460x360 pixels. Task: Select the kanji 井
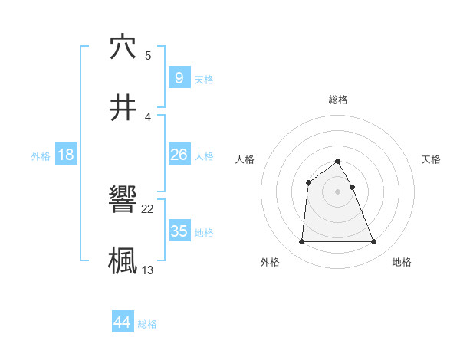click(123, 108)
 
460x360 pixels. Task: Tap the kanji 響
click(123, 198)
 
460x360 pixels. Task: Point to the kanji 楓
click(123, 260)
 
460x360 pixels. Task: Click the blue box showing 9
click(179, 77)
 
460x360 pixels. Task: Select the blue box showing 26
click(179, 155)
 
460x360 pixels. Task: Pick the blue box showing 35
click(179, 231)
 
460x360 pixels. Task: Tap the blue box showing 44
click(123, 322)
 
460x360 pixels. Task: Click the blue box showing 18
click(66, 155)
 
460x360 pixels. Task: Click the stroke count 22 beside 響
click(148, 208)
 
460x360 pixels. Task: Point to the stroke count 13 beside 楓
click(148, 270)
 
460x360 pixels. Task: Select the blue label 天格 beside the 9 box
click(204, 79)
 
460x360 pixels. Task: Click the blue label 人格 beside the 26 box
click(204, 155)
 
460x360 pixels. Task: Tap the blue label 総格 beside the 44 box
click(147, 324)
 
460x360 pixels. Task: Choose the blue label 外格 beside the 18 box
click(41, 155)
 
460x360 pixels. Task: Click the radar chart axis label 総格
click(337, 100)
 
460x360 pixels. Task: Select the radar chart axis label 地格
click(402, 262)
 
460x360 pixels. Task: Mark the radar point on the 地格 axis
click(373, 242)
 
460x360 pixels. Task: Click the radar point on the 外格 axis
click(301, 242)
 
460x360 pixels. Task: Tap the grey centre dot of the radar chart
click(337, 191)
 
